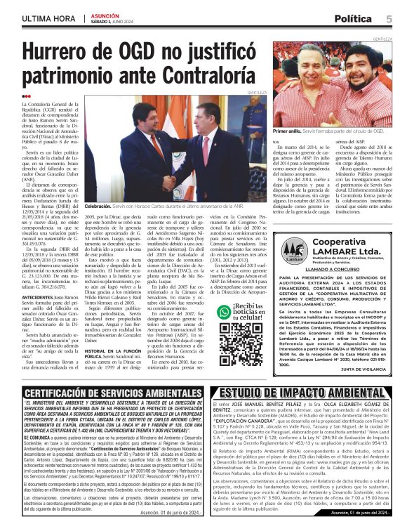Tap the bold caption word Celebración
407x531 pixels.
click(98, 206)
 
